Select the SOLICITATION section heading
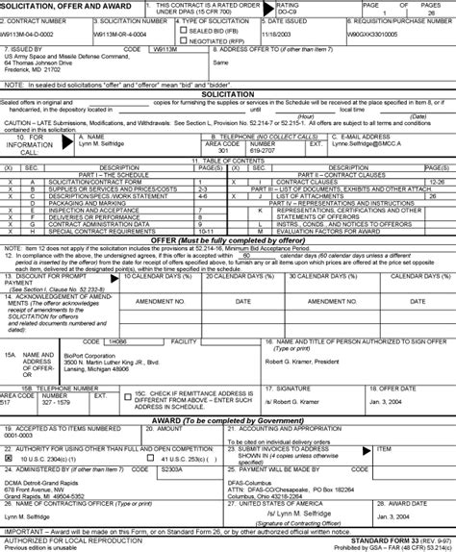point(227,94)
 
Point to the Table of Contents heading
point(227,160)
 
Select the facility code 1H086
point(117,340)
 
